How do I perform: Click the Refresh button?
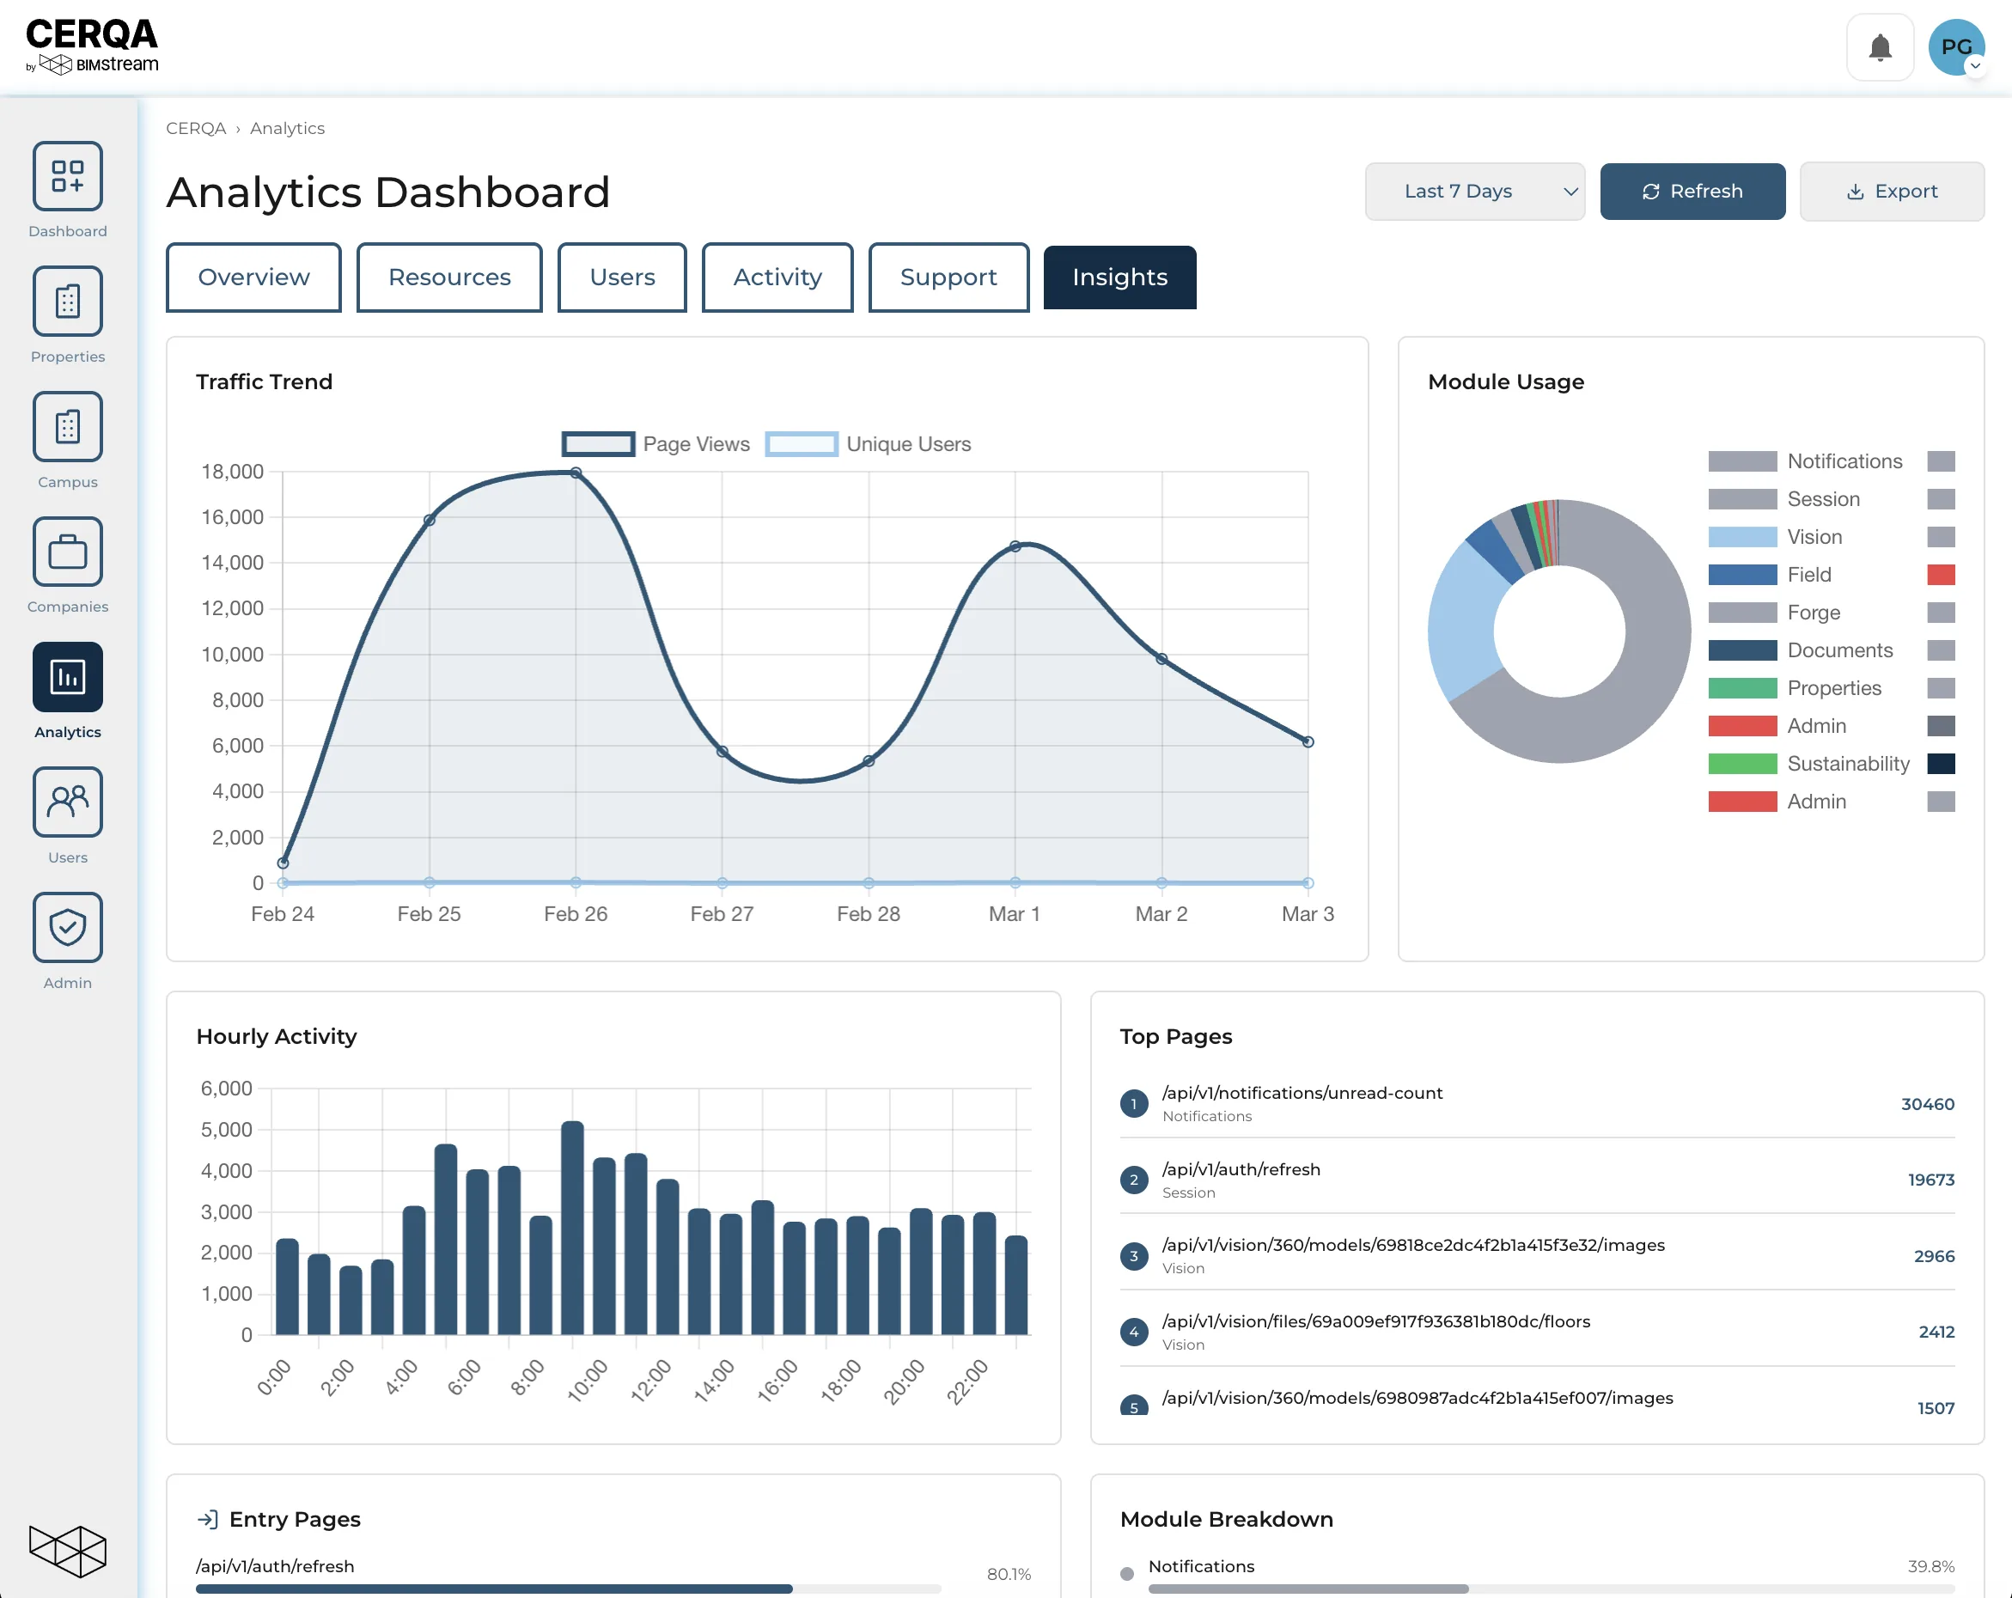click(x=1692, y=192)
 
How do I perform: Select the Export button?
click(x=1891, y=192)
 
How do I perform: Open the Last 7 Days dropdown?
click(x=1474, y=192)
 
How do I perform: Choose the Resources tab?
click(x=448, y=278)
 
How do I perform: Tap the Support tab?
click(x=948, y=278)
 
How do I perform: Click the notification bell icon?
click(x=1880, y=47)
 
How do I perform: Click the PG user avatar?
click(x=1956, y=47)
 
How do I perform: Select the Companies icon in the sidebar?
click(x=67, y=552)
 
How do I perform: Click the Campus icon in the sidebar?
click(x=67, y=427)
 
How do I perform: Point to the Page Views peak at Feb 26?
click(x=576, y=473)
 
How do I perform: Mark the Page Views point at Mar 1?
click(x=1015, y=546)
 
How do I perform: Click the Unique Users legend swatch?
click(x=801, y=444)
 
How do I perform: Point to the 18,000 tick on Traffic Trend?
click(x=232, y=472)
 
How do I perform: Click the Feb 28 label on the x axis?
click(x=868, y=914)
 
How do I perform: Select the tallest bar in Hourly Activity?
click(x=573, y=1228)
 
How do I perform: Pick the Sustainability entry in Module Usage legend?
click(x=1848, y=764)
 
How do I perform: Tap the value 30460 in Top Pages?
click(x=1927, y=1104)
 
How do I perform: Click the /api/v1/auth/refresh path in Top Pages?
click(x=1241, y=1169)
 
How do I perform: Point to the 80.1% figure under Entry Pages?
click(x=1009, y=1574)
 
